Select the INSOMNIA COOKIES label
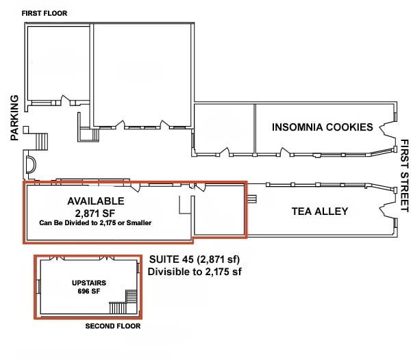[x=322, y=127]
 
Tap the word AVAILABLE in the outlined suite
[x=95, y=201]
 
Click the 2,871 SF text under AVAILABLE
[x=95, y=213]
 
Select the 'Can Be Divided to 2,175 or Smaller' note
[x=95, y=223]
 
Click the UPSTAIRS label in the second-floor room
[x=88, y=283]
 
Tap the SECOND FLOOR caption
[x=112, y=326]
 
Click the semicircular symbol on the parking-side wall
[x=30, y=164]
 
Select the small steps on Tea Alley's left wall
[x=251, y=199]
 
